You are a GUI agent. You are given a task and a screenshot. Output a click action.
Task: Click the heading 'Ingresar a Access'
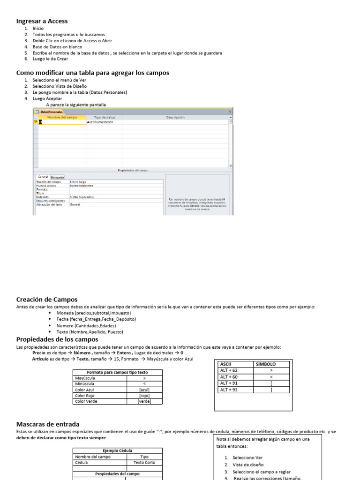[42, 21]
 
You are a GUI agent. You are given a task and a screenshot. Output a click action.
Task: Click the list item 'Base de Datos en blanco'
[57, 47]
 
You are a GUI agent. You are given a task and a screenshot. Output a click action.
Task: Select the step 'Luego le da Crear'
[50, 59]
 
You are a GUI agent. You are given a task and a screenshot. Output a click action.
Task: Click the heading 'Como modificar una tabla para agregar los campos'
[92, 73]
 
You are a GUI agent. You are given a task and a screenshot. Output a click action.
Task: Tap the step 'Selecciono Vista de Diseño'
[60, 86]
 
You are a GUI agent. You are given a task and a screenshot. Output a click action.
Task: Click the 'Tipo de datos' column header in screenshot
[105, 117]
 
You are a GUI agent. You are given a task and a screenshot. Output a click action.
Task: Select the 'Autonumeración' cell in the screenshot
[101, 122]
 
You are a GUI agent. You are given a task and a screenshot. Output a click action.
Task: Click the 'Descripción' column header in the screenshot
[175, 117]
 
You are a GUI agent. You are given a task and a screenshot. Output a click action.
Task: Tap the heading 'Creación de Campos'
[46, 300]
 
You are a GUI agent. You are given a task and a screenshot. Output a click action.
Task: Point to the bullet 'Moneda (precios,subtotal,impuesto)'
[93, 313]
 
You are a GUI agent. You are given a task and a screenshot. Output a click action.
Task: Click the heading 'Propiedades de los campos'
[57, 339]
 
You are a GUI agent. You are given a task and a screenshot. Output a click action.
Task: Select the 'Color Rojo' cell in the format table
[85, 396]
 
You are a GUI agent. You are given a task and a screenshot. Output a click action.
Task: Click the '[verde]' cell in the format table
[144, 401]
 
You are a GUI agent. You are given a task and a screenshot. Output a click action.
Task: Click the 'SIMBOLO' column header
[265, 364]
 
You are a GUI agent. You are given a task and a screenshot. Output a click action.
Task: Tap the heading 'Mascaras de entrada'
[48, 424]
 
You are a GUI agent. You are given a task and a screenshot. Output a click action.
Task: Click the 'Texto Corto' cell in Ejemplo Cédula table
[144, 462]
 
